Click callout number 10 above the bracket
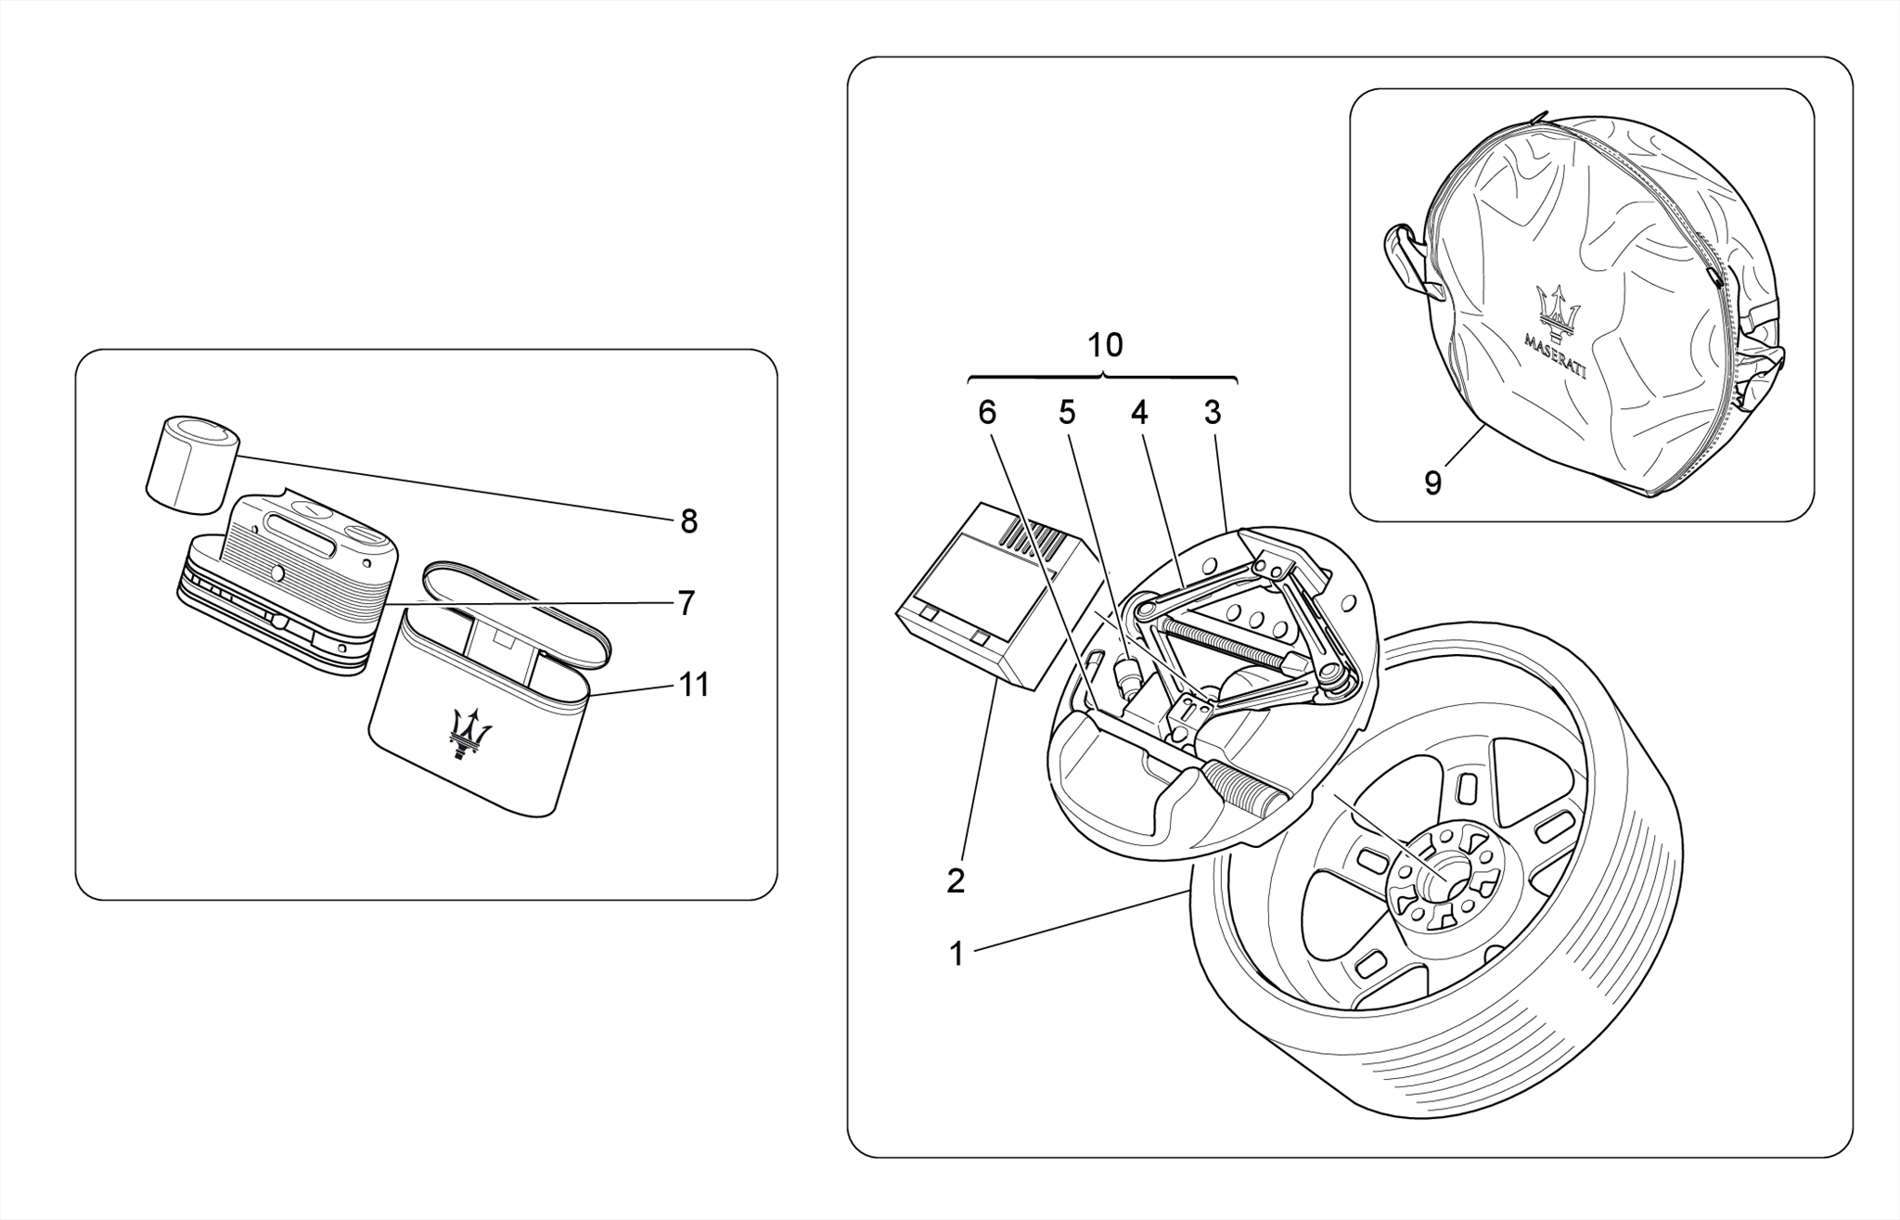coord(1105,346)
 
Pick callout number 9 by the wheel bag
coord(1432,482)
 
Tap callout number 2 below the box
coord(956,880)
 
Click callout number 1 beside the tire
coord(956,954)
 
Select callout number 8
coord(688,522)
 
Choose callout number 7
coord(686,604)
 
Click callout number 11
coord(694,686)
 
